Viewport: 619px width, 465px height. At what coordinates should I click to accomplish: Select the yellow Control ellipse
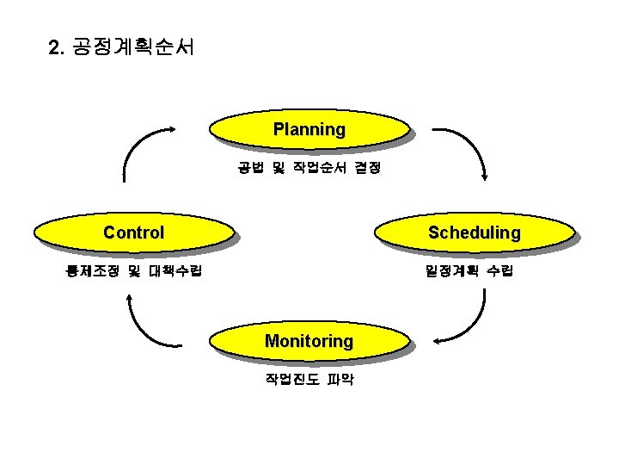point(133,232)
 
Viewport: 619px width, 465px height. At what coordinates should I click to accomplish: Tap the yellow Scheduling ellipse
point(474,232)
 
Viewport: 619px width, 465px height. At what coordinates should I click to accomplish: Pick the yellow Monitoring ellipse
point(309,341)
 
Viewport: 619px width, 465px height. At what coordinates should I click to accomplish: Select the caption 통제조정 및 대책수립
point(134,271)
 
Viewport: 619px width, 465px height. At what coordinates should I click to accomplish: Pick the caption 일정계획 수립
point(469,271)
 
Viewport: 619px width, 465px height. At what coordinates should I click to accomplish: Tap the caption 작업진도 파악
point(309,379)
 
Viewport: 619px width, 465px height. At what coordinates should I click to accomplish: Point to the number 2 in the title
point(56,47)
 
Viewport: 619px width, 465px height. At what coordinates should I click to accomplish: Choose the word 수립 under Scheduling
point(499,271)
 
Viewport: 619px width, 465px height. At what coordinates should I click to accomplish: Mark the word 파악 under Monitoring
point(339,379)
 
